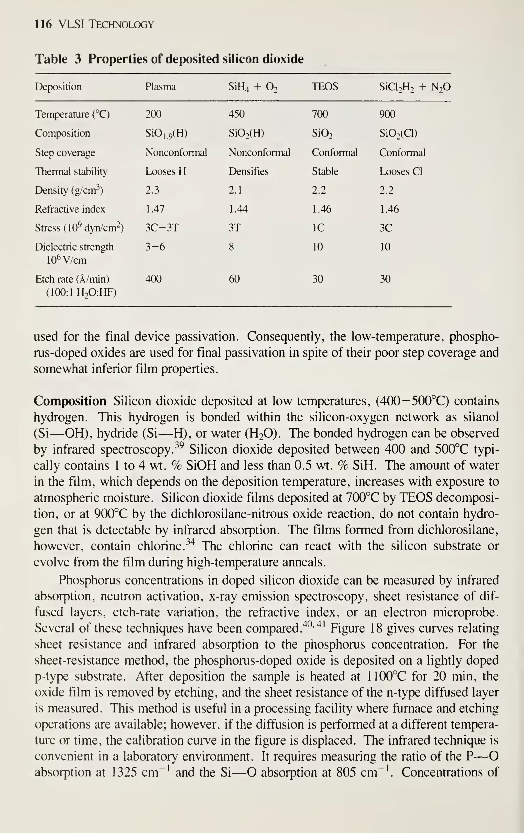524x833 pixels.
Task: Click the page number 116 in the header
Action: (x=43, y=24)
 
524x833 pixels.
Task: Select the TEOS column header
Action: (x=325, y=87)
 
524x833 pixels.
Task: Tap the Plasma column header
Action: (x=160, y=87)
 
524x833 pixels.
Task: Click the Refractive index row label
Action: (x=70, y=209)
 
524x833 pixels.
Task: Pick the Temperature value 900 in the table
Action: (x=387, y=114)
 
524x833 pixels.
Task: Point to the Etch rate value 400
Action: (x=153, y=279)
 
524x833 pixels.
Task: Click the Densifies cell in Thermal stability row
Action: (x=248, y=171)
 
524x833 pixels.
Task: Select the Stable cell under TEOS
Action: (x=325, y=171)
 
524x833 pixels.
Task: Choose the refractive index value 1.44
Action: (x=238, y=209)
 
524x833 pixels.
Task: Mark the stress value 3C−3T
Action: (x=162, y=228)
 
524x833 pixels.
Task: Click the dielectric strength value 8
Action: (x=231, y=247)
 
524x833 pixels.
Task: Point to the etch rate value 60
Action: (x=234, y=279)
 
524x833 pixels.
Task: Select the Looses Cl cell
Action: (x=401, y=171)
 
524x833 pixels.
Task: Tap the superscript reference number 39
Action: (x=179, y=445)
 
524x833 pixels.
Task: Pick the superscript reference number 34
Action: (x=190, y=541)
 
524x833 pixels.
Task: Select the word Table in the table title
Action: (x=51, y=59)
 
